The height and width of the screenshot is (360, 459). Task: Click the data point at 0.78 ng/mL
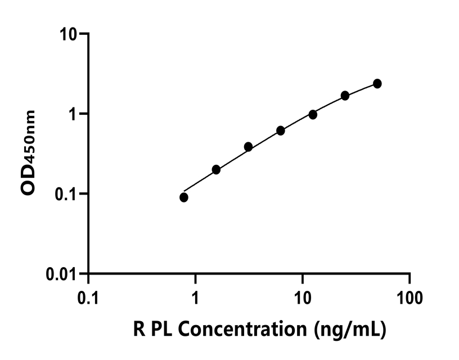(x=184, y=197)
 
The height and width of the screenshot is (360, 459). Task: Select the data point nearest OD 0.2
(x=216, y=169)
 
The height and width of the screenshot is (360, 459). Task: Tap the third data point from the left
(x=248, y=147)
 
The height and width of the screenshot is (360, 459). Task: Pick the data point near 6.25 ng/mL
(x=281, y=130)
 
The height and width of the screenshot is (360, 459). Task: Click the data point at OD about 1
(x=313, y=114)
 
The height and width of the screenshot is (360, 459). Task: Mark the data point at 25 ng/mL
(x=345, y=96)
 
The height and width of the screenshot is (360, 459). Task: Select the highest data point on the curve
(x=377, y=83)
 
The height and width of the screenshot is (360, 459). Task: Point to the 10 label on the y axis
(x=68, y=34)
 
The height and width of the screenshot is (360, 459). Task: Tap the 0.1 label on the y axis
(x=66, y=194)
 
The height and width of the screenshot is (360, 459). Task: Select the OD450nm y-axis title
(x=29, y=152)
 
